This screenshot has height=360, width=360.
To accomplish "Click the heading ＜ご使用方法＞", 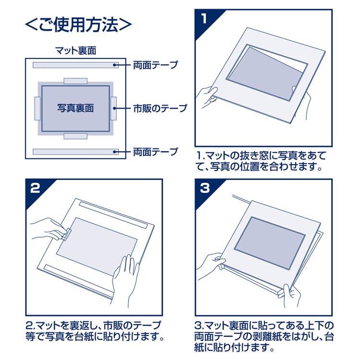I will pyautogui.click(x=78, y=24).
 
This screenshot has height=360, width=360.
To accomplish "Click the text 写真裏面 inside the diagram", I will pyautogui.click(x=75, y=108).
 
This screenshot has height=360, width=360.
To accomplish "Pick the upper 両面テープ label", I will pyautogui.click(x=155, y=65).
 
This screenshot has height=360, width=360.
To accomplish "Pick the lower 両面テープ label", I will pyautogui.click(x=155, y=152).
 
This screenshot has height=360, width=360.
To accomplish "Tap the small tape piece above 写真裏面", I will pyautogui.click(x=75, y=81).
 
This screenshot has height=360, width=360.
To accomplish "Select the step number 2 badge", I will pyautogui.click(x=35, y=188).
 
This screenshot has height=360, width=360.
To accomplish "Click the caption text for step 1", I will pyautogui.click(x=262, y=162).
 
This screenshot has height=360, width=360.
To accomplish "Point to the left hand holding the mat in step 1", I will pyautogui.click(x=208, y=96).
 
